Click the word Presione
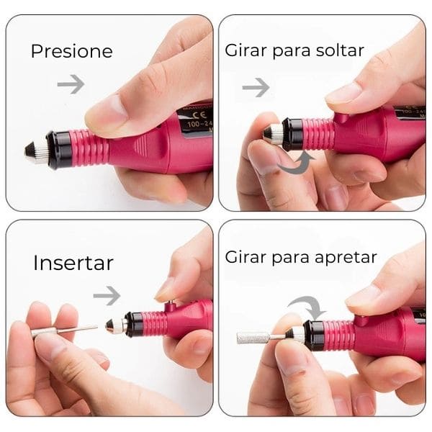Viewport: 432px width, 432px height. [71, 51]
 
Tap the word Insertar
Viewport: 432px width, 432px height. [73, 263]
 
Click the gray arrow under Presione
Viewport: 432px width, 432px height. [71, 84]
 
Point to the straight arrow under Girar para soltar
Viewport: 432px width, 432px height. [256, 87]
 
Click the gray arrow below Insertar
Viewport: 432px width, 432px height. [107, 294]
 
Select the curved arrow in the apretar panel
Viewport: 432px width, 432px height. [306, 305]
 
